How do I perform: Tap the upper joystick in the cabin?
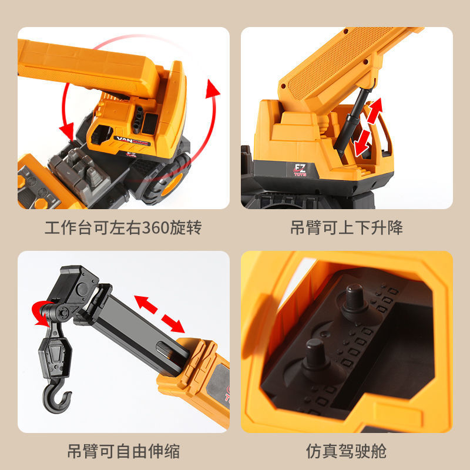tap(354, 300)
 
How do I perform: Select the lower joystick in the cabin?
tap(315, 356)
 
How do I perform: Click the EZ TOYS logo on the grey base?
tap(300, 170)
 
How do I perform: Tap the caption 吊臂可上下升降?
tap(347, 227)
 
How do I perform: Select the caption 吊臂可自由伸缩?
tap(123, 451)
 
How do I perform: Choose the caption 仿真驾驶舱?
tap(347, 451)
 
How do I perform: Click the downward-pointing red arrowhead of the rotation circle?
tap(67, 130)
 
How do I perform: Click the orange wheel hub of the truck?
tap(172, 185)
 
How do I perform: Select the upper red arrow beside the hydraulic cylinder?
tap(375, 110)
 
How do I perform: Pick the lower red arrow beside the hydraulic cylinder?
tap(362, 143)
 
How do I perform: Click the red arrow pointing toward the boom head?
tap(146, 304)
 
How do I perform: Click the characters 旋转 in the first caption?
tap(186, 227)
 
